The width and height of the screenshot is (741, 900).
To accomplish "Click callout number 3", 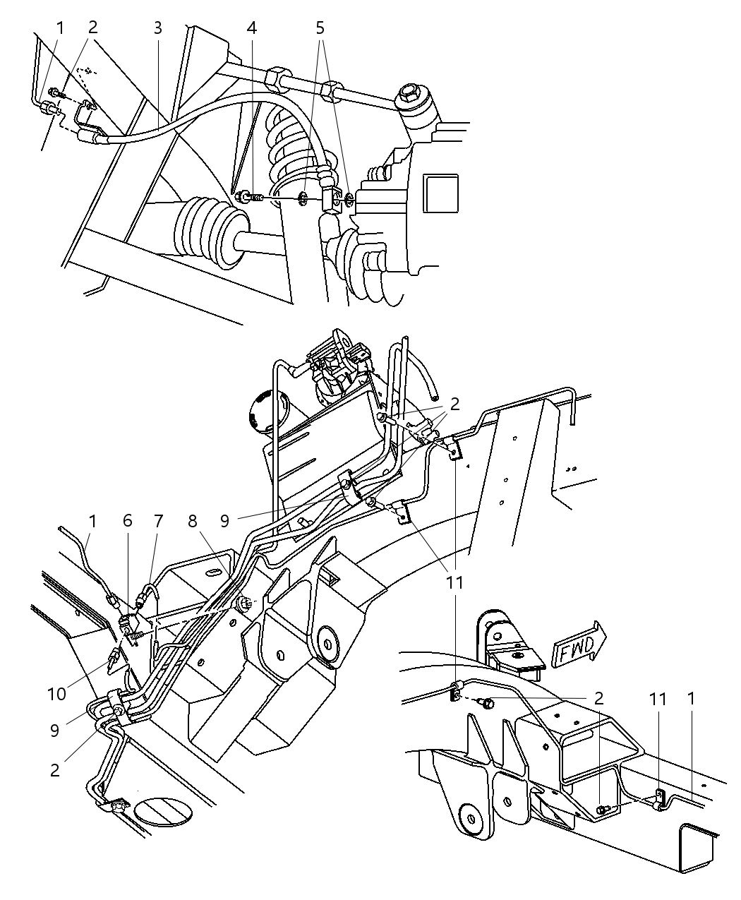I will point(157,28).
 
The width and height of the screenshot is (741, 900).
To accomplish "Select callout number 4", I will point(252,28).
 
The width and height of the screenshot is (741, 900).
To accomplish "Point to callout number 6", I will point(128,521).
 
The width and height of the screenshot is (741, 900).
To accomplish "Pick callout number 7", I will point(158,521).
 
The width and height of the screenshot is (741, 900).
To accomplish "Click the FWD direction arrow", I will point(578,643).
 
